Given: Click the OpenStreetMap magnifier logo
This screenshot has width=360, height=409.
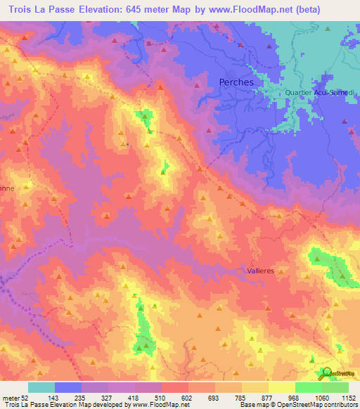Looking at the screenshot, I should point(328,372).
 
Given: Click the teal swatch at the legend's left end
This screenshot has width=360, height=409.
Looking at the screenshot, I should point(41,387).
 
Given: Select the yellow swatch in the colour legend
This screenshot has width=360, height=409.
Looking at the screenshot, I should point(282,387).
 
